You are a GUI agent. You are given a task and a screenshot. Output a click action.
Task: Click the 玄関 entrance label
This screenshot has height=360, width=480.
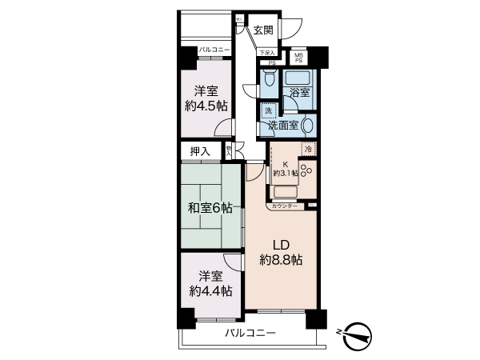[263, 30]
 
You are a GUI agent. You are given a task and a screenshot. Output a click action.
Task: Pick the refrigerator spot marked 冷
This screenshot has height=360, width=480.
[308, 150]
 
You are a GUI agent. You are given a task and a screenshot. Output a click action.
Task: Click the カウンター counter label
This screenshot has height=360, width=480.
[285, 206]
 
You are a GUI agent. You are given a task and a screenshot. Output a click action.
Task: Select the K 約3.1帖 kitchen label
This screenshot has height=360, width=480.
[284, 169]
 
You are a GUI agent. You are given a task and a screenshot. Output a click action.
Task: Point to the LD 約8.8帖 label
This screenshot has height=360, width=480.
[280, 252]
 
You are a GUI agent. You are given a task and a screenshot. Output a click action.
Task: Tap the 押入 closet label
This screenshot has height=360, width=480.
[199, 151]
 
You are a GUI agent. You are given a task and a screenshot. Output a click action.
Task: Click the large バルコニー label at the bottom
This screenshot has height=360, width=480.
[250, 333]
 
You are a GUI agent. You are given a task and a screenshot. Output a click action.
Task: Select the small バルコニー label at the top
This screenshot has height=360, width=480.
[214, 50]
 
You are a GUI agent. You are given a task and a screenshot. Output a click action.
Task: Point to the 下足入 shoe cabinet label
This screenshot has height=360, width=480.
[267, 54]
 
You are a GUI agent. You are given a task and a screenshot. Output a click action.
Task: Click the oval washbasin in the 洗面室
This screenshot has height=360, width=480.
[307, 125]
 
